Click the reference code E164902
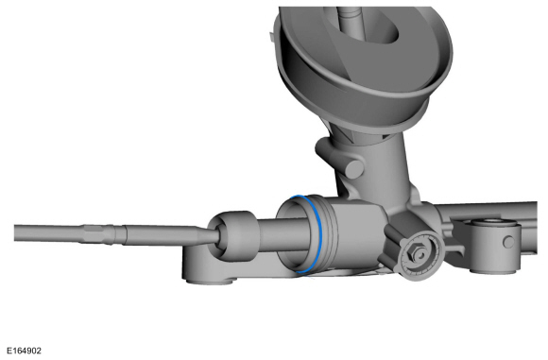[x=24, y=351]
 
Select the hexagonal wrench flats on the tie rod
[x=95, y=233]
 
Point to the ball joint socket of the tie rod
[x=232, y=236]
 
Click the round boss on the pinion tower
[x=354, y=169]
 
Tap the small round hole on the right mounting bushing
[x=509, y=242]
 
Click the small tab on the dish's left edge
[x=271, y=37]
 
